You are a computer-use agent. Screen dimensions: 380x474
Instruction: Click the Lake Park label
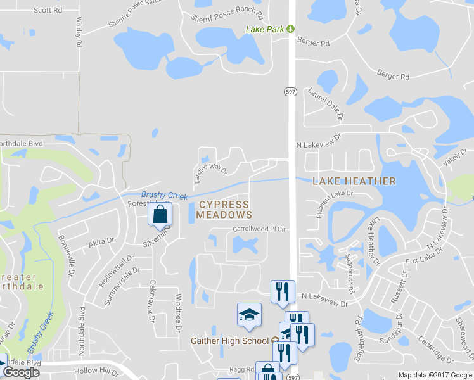[265, 29]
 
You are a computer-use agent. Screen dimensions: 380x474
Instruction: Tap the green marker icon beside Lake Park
[290, 28]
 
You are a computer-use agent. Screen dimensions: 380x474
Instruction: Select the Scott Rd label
[48, 10]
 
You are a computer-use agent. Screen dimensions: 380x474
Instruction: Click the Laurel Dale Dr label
[326, 103]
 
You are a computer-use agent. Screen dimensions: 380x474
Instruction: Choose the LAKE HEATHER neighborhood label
[354, 181]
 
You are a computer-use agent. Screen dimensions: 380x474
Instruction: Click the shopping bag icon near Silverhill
[160, 215]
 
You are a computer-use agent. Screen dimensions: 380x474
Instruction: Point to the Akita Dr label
[101, 241]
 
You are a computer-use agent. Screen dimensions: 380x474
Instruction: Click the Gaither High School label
[230, 341]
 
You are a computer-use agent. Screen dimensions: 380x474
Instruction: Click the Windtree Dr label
[178, 315]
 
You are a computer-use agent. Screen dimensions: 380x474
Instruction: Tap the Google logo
[21, 372]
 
